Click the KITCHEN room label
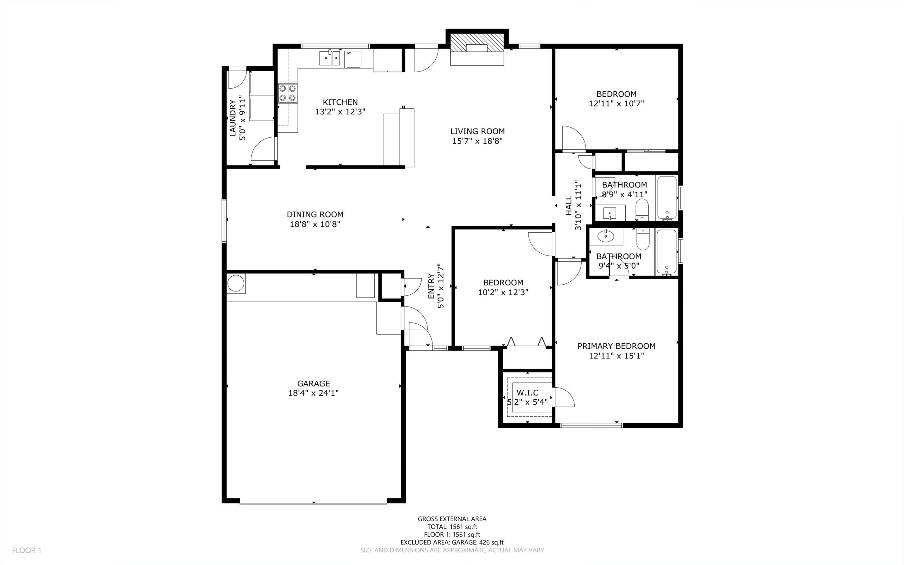pos(340,102)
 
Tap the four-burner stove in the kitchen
pos(287,93)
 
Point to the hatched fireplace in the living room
pos(477,43)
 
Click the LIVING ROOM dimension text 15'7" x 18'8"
pos(477,141)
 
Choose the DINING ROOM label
pos(315,214)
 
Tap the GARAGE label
pos(313,383)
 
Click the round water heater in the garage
pos(236,283)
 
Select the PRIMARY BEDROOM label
pos(617,346)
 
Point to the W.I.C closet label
pos(527,393)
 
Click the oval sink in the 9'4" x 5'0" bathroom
pos(605,236)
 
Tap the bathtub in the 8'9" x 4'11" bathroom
pos(667,198)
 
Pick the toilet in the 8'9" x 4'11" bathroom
pos(642,209)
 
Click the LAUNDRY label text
pos(232,118)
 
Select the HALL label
pos(569,206)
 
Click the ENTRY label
pos(431,287)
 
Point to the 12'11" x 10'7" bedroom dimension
pos(617,103)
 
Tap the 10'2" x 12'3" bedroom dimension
pos(503,292)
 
